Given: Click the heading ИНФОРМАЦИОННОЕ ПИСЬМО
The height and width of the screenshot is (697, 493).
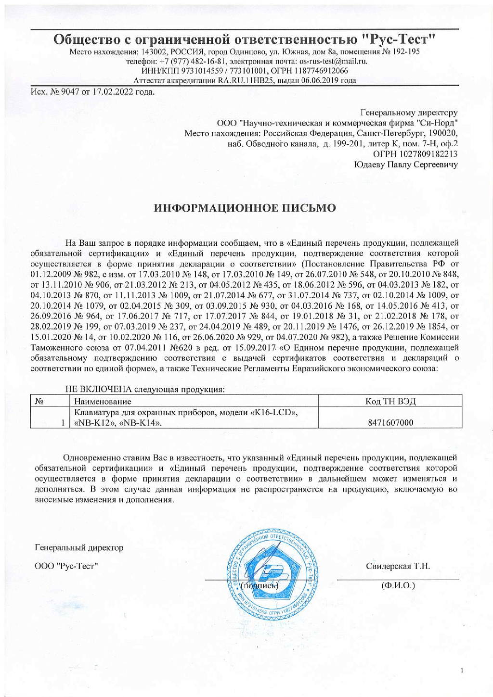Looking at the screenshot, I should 245,208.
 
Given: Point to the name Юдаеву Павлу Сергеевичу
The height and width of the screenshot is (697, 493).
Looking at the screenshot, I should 405,165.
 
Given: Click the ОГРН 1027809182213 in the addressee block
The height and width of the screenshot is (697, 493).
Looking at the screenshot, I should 415,154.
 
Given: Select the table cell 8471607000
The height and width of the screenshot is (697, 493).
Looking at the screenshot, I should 390,423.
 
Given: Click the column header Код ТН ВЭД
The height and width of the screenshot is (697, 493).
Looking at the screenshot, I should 390,401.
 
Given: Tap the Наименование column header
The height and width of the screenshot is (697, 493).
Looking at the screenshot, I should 103,401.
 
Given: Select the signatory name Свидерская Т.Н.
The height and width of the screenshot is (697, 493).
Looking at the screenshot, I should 398,566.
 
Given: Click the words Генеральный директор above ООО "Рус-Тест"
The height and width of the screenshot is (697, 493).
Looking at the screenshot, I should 79,547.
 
